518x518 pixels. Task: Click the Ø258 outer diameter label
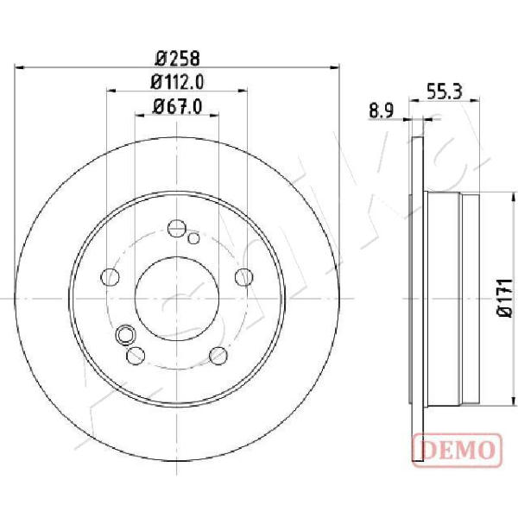coord(177,59)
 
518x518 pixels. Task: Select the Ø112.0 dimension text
coord(177,82)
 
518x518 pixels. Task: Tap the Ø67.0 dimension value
coord(177,107)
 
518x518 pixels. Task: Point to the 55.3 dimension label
coord(445,92)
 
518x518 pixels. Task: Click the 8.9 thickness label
coord(382,111)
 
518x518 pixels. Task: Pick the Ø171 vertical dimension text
coord(505,298)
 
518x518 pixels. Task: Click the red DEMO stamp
coord(458,451)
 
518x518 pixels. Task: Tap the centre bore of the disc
coord(177,299)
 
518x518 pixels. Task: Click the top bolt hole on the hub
coord(177,228)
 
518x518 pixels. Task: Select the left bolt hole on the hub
coord(110,277)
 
